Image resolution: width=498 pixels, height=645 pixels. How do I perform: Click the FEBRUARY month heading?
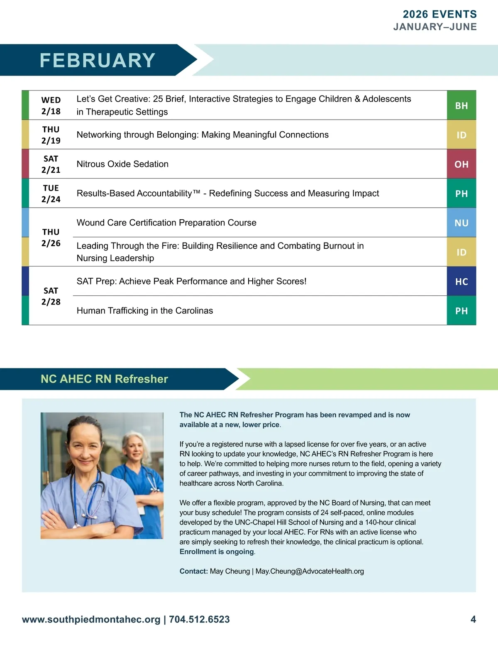click(x=98, y=60)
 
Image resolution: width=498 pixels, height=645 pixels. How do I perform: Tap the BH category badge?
click(x=461, y=105)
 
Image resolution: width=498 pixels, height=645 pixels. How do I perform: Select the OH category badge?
click(x=461, y=164)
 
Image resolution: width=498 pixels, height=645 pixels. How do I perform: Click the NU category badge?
click(x=461, y=223)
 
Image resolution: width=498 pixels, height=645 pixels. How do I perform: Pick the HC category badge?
click(x=461, y=282)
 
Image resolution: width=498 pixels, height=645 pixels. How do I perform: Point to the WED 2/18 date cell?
click(x=51, y=105)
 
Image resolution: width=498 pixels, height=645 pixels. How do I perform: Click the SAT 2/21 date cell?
click(x=51, y=164)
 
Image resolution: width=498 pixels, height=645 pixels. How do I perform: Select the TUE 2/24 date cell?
click(x=51, y=194)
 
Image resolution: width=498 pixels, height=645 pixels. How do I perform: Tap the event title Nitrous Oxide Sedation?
click(x=122, y=164)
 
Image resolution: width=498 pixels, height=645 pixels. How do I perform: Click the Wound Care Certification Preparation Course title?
click(x=166, y=223)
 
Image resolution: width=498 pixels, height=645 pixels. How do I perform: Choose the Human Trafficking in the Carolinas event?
click(x=144, y=311)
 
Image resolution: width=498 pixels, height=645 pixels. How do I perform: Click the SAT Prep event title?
click(x=191, y=281)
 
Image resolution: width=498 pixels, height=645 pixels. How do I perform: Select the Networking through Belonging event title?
click(x=203, y=135)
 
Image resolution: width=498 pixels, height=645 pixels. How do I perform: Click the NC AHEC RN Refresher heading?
click(x=104, y=379)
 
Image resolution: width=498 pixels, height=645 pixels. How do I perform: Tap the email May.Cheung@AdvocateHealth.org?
click(x=310, y=571)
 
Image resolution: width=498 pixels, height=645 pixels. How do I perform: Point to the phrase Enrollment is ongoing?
click(x=217, y=552)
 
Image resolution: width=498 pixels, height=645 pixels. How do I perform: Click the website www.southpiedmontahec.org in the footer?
click(x=91, y=619)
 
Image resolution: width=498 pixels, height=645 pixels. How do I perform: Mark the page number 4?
click(x=473, y=619)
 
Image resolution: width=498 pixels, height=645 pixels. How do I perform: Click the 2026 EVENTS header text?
click(x=439, y=14)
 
